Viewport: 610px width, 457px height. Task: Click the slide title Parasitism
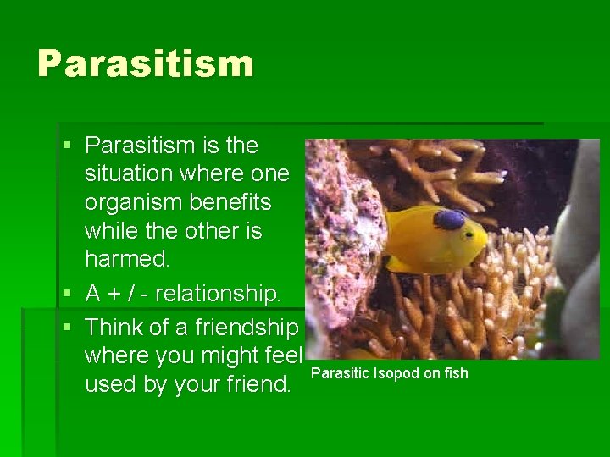pos(145,64)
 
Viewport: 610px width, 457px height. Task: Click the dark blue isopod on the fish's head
pos(449,220)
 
